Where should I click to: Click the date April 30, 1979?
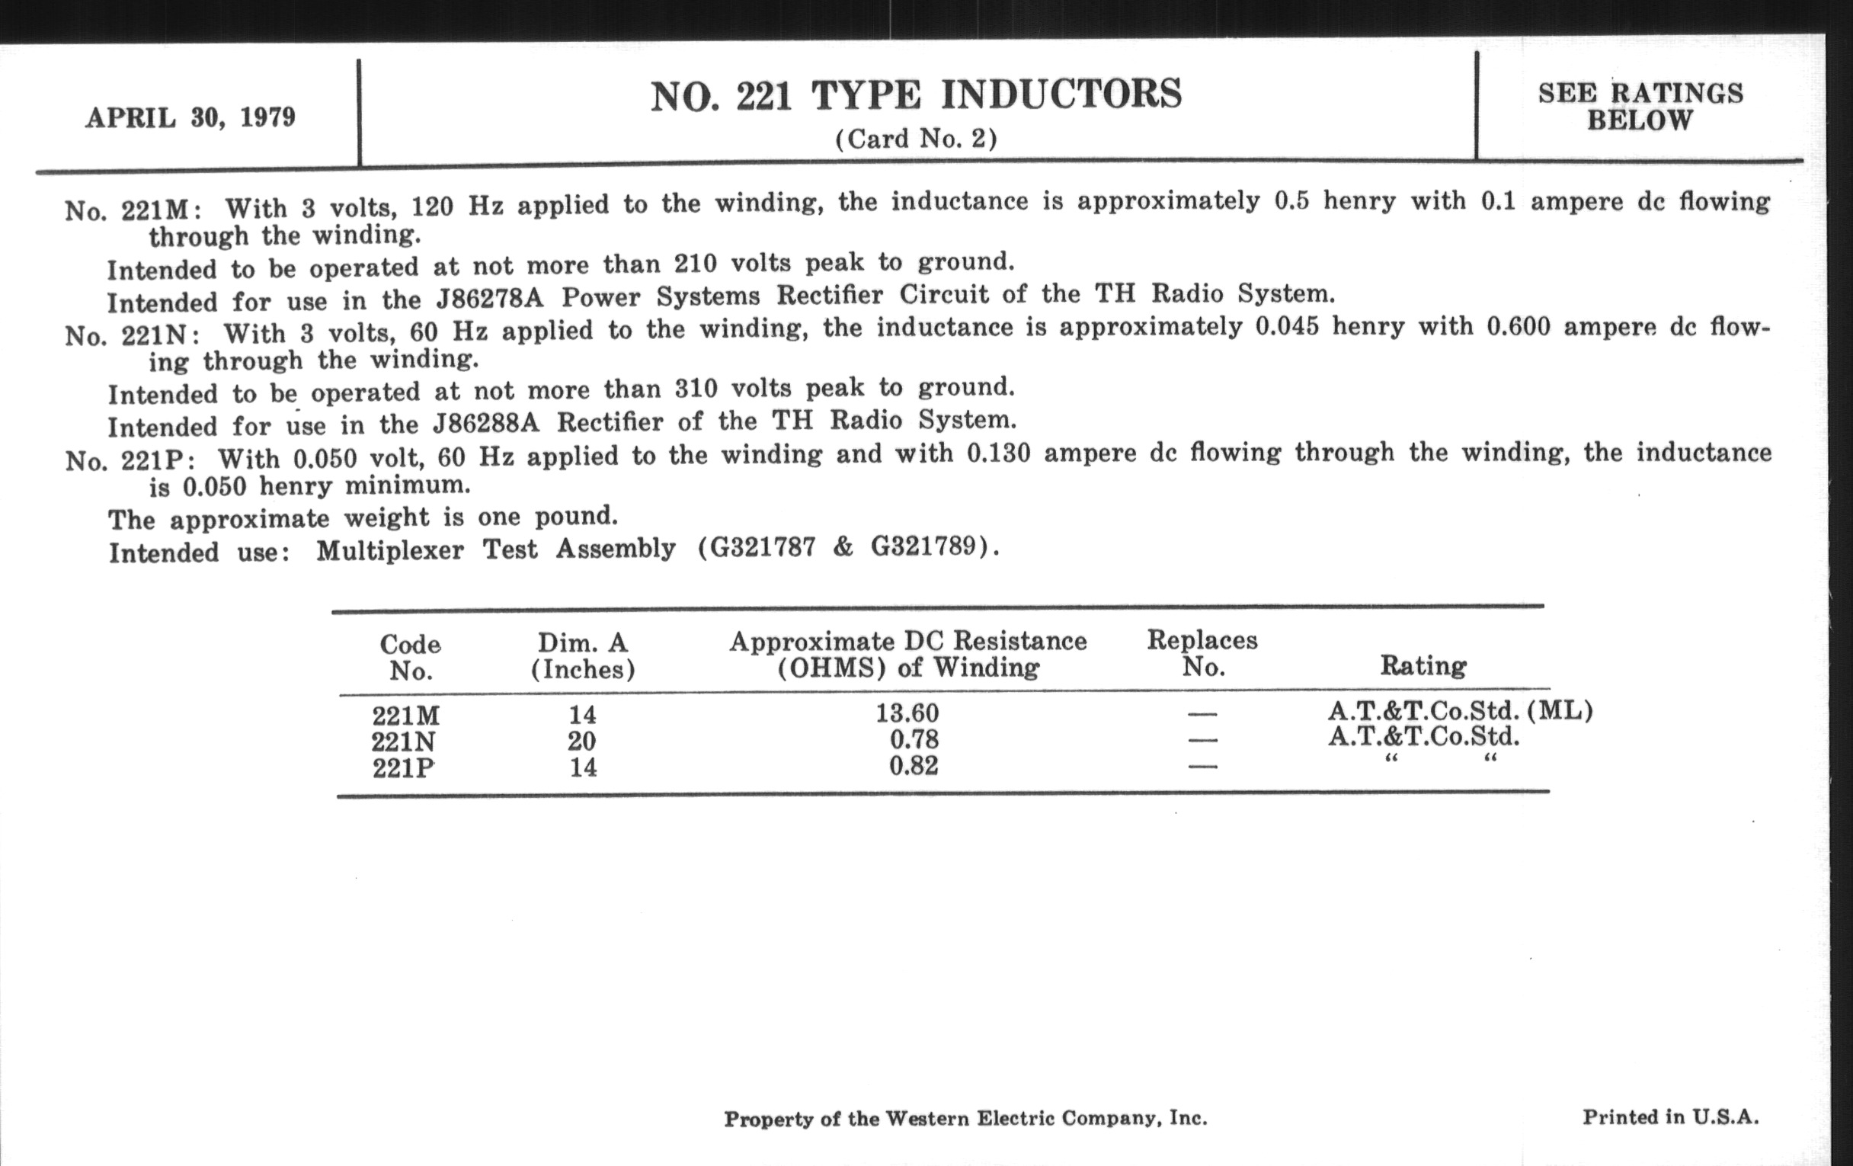tap(190, 118)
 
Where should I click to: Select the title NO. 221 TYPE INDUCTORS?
tap(916, 96)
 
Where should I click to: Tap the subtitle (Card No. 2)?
tap(916, 139)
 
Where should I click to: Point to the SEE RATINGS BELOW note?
tap(1640, 106)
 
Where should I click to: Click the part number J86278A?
tap(489, 298)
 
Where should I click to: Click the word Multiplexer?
tap(389, 551)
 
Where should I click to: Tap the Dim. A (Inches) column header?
tap(583, 655)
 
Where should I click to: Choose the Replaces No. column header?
tap(1202, 652)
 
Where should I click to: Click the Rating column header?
tap(1423, 665)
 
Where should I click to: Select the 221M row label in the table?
tap(405, 716)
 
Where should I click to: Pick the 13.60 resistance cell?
tap(907, 713)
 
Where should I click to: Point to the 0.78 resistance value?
tap(914, 740)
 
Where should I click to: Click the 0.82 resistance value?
tap(914, 766)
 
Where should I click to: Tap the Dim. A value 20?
tap(583, 742)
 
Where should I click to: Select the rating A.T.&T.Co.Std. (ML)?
tap(1460, 710)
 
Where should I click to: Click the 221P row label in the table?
tap(403, 768)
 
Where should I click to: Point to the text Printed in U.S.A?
tap(1670, 1116)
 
